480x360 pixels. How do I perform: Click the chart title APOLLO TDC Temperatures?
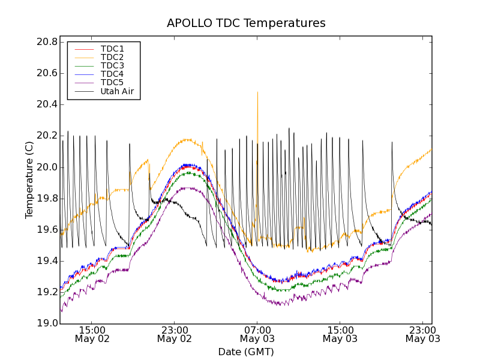[246, 23]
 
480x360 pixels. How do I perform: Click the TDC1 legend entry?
[112, 49]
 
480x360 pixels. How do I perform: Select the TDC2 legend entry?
[112, 57]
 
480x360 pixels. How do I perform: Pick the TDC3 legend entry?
[112, 65]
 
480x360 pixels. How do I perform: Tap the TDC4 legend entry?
[112, 74]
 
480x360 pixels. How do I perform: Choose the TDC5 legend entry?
[112, 82]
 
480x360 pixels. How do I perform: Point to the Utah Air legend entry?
[117, 92]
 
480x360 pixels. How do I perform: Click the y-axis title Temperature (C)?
[29, 180]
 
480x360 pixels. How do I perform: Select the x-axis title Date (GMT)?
[246, 352]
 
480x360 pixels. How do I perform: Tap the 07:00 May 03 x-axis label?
[257, 334]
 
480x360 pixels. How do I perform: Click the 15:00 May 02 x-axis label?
[92, 334]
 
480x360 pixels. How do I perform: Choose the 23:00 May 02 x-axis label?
[174, 334]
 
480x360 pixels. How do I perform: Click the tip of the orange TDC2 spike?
[257, 92]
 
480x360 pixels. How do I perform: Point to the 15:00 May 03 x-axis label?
[340, 334]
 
